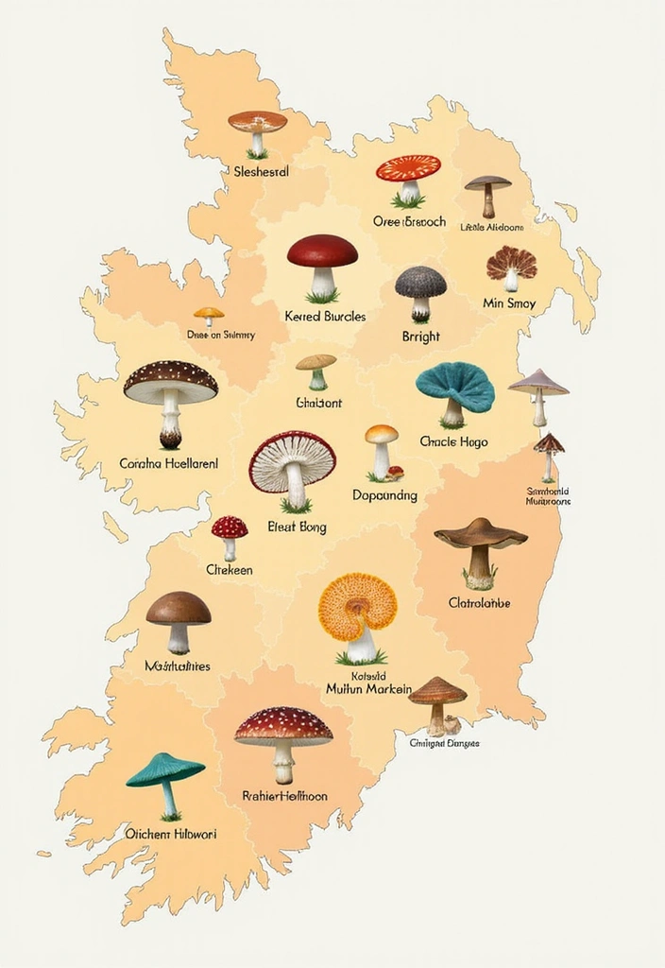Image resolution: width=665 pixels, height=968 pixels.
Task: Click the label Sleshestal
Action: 261,172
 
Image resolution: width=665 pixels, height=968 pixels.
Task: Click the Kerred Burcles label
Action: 325,317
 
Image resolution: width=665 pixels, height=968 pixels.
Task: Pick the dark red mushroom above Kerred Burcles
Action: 322,266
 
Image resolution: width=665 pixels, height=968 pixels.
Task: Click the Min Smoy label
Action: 509,303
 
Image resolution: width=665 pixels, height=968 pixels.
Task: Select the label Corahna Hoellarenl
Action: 169,464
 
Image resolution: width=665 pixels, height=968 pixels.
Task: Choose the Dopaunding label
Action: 384,495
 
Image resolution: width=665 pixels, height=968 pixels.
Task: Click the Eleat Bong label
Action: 298,527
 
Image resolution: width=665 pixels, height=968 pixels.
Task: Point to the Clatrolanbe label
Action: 479,602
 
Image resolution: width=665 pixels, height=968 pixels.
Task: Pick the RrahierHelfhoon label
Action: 284,796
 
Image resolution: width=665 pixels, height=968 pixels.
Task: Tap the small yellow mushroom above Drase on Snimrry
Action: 209,316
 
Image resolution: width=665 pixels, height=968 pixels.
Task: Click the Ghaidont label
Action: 318,403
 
